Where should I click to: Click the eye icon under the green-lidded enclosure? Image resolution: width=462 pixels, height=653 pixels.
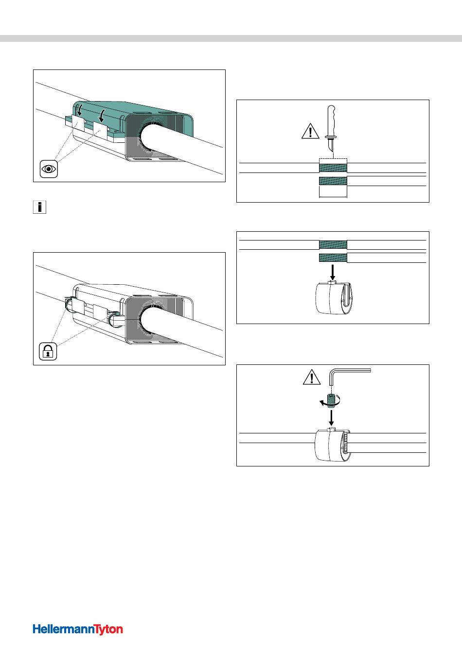49,169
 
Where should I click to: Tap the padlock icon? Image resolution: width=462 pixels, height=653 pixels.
48,351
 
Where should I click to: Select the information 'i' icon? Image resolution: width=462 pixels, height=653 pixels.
39,207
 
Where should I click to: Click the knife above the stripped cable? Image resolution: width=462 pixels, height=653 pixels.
331,129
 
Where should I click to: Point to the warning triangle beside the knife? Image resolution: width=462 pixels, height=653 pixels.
310,131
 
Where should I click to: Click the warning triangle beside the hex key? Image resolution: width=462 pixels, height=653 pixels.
312,377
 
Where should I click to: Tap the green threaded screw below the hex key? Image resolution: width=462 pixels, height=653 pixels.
331,400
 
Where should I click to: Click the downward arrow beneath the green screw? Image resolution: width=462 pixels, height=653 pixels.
331,417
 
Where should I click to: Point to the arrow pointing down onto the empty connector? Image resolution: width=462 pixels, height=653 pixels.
332,272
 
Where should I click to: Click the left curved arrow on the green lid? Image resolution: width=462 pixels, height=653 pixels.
79,111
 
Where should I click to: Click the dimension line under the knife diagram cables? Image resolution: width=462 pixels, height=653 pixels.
333,197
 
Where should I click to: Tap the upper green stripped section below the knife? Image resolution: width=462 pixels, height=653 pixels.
333,168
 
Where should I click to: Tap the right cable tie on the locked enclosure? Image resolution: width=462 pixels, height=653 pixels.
113,318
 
